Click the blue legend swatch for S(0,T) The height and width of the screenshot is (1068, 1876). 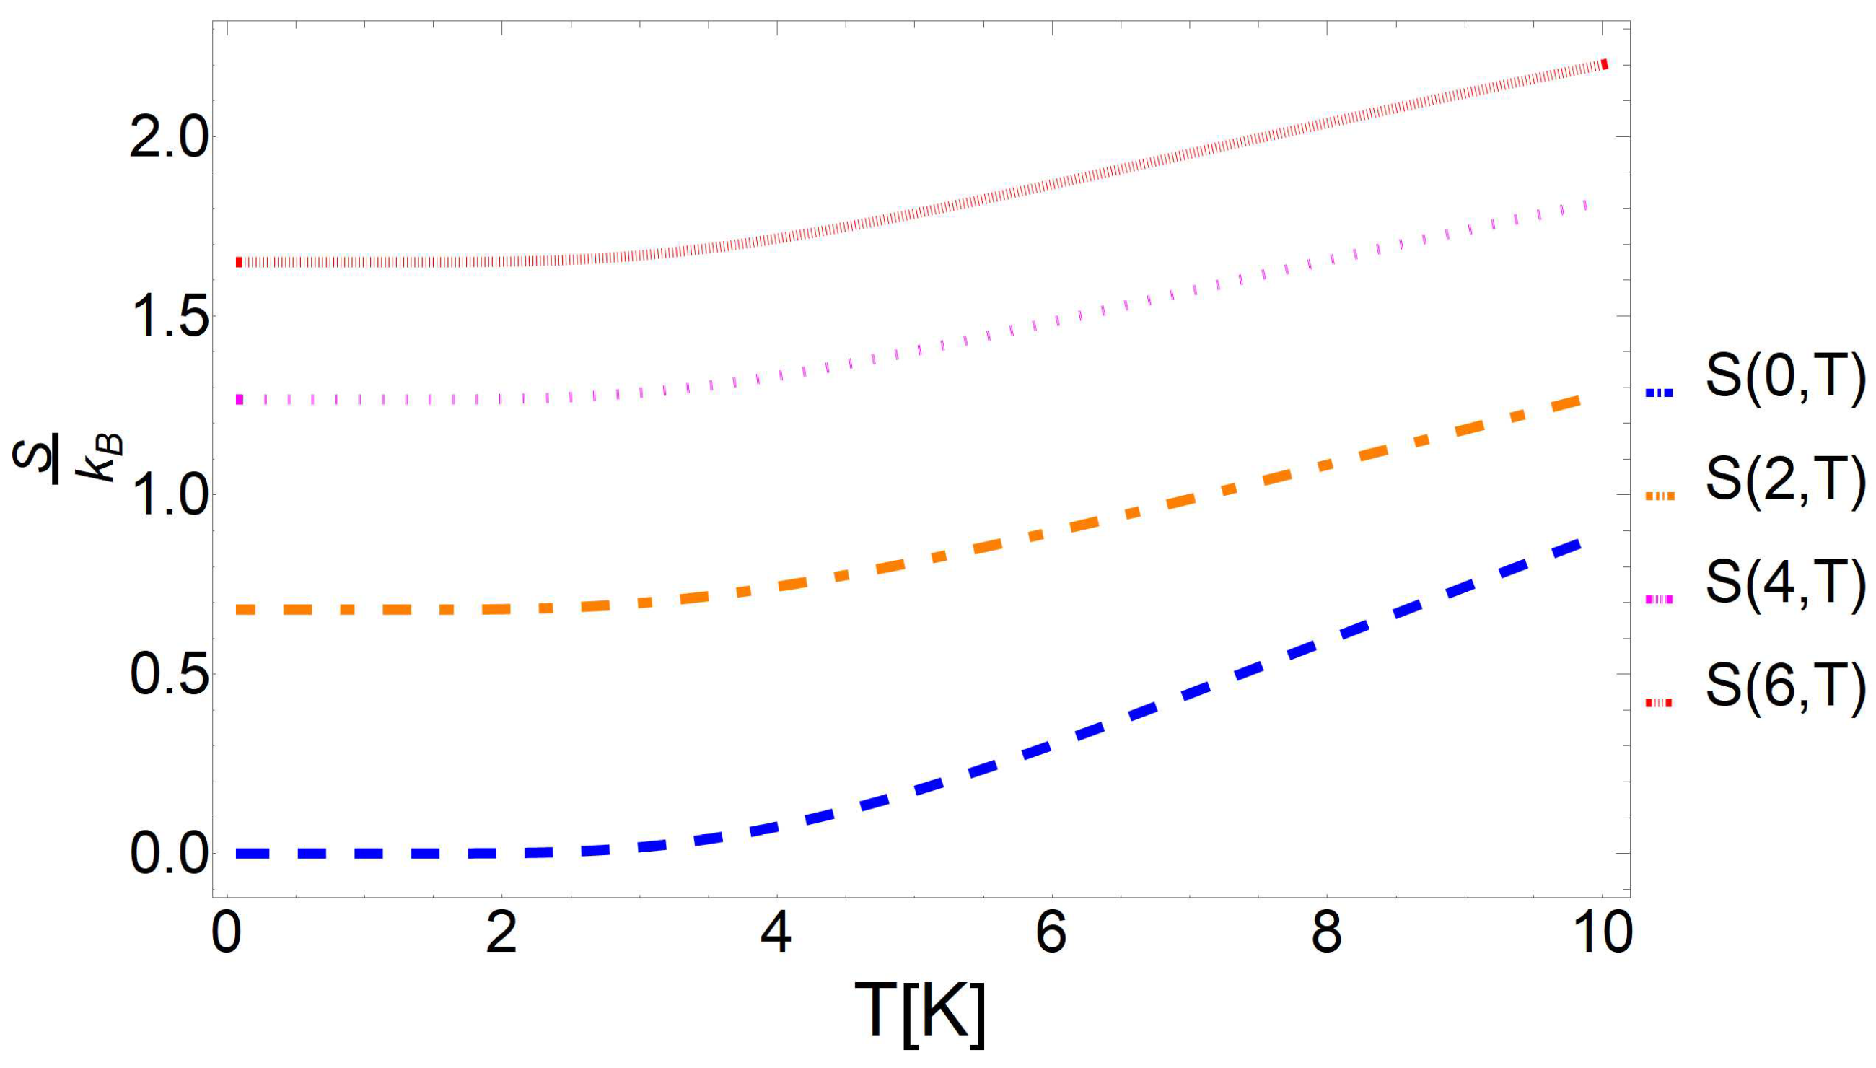tap(1657, 393)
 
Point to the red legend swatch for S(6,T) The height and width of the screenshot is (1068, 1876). tap(1657, 704)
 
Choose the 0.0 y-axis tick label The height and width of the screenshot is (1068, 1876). tap(168, 853)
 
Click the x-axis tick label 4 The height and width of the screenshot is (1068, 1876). tap(776, 934)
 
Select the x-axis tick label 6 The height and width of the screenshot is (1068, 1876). tap(1051, 934)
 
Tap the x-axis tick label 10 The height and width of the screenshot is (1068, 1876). tap(1601, 934)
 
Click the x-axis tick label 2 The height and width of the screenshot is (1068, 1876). tap(501, 934)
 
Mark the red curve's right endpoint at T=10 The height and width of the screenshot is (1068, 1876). tap(1604, 64)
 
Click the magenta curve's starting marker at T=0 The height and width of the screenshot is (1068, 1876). tap(238, 400)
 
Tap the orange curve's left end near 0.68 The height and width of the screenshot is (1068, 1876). tap(244, 610)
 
